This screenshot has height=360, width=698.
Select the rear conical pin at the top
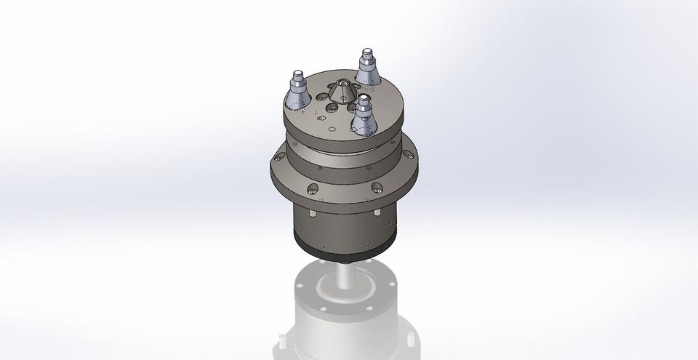(x=369, y=69)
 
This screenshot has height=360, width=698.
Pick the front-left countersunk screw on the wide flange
(x=313, y=190)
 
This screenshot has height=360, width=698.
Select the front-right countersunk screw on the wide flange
(x=376, y=188)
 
